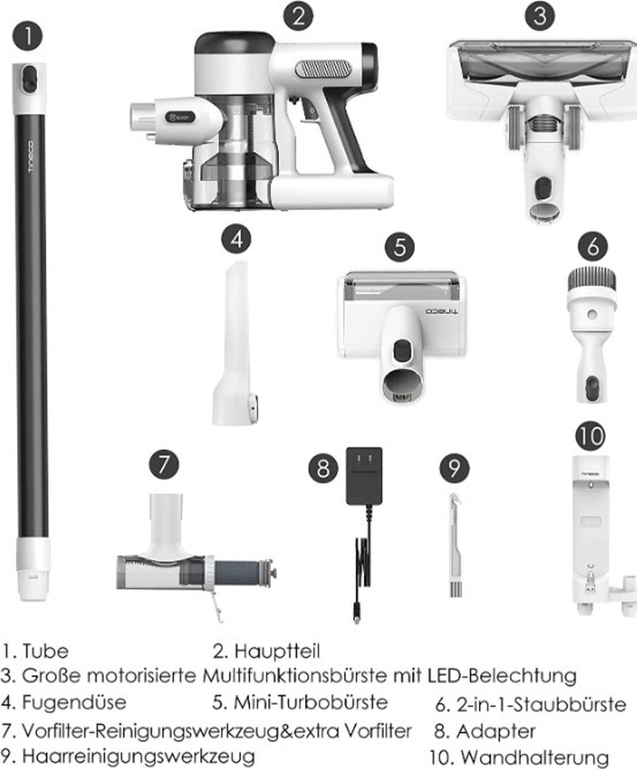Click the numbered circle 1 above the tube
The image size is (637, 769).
[28, 36]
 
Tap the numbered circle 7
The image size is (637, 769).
[164, 465]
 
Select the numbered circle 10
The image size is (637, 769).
[591, 436]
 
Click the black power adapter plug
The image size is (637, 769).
[364, 477]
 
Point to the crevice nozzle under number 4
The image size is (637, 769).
[235, 343]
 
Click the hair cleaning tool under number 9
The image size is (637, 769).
[456, 546]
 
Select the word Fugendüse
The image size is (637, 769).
[74, 703]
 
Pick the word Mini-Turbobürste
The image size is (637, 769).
[311, 702]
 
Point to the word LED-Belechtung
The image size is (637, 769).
[502, 675]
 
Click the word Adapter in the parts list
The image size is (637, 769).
[496, 731]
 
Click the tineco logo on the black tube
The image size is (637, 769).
[31, 156]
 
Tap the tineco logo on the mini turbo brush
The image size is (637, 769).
[442, 311]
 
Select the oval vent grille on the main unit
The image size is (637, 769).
[323, 69]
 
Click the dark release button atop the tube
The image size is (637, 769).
[29, 78]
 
